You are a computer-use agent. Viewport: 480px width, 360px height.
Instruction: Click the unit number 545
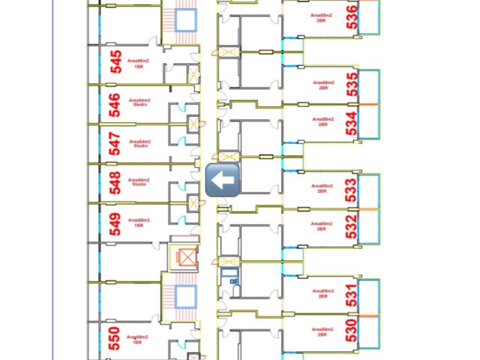click(x=115, y=61)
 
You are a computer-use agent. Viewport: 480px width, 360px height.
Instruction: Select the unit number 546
click(x=115, y=105)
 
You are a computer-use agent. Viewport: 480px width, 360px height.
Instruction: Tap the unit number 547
click(x=115, y=143)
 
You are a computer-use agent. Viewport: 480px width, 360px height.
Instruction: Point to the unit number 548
click(x=115, y=183)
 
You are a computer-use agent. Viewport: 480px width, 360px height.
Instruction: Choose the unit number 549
click(x=115, y=223)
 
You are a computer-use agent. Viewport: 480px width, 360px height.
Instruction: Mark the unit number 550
click(x=114, y=339)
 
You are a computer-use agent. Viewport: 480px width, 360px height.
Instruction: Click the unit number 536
click(x=352, y=16)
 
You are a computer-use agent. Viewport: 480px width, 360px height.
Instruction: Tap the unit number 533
click(x=351, y=190)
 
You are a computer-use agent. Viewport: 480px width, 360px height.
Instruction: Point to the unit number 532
click(x=351, y=226)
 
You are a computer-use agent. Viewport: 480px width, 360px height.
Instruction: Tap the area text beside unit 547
click(x=139, y=142)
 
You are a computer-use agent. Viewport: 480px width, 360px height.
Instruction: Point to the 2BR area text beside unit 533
click(x=321, y=187)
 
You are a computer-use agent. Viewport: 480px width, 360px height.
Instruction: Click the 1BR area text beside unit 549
click(x=139, y=222)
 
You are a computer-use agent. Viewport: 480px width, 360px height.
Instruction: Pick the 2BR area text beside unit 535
click(x=323, y=85)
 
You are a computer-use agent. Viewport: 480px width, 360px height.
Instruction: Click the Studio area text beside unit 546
click(x=139, y=103)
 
